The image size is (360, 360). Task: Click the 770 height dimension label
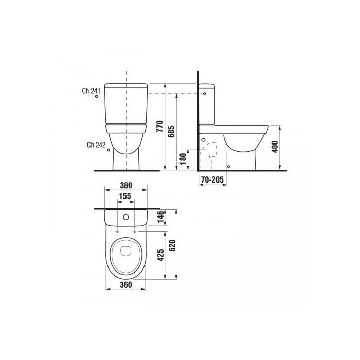pyautogui.click(x=159, y=126)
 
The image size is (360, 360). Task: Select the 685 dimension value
pyautogui.click(x=171, y=132)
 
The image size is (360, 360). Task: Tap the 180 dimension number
pyautogui.click(x=183, y=159)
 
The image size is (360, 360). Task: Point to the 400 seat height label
pyautogui.click(x=275, y=147)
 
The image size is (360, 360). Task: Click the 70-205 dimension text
pyautogui.click(x=212, y=180)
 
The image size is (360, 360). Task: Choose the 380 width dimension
pyautogui.click(x=126, y=185)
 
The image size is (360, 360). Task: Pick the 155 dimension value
pyautogui.click(x=125, y=196)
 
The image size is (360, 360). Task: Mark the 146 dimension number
pyautogui.click(x=160, y=217)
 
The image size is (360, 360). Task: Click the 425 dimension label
pyautogui.click(x=160, y=255)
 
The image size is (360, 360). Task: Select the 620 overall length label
pyautogui.click(x=172, y=246)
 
